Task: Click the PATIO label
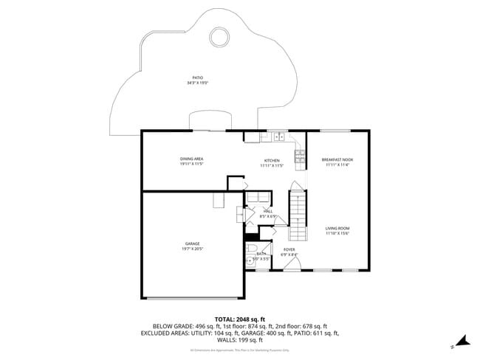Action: (x=197, y=77)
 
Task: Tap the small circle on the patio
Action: (x=219, y=35)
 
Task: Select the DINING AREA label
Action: (x=191, y=159)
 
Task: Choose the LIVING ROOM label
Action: (x=337, y=228)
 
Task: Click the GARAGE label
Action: (x=192, y=243)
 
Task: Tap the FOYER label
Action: (x=289, y=249)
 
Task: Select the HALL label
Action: (x=268, y=212)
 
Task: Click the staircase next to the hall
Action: (x=297, y=214)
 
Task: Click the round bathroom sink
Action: (x=249, y=261)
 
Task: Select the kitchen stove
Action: (x=300, y=155)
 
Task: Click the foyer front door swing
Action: (x=277, y=263)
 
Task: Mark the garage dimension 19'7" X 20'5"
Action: (x=192, y=249)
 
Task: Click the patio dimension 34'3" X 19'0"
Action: (x=197, y=83)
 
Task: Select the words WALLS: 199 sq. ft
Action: (x=239, y=340)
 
